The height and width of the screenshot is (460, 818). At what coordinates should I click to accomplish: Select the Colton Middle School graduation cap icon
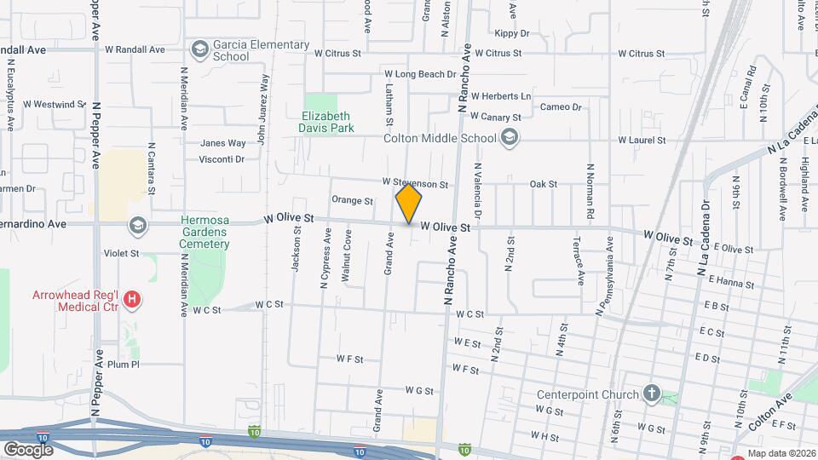tap(510, 138)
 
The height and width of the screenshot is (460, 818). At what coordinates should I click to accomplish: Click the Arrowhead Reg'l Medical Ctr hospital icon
tap(132, 299)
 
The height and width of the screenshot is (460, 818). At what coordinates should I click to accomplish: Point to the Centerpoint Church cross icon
tap(652, 394)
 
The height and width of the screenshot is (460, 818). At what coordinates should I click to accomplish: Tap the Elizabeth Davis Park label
tap(326, 123)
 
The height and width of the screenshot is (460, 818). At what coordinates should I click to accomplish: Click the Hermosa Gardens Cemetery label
tap(204, 232)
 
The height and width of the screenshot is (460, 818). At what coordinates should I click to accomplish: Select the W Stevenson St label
tap(415, 183)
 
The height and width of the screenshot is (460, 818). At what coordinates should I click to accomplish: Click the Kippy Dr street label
tap(512, 33)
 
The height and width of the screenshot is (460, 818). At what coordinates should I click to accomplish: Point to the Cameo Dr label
tap(561, 107)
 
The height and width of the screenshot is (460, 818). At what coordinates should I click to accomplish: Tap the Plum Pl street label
tap(124, 365)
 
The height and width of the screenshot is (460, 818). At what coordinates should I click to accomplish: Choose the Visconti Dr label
tap(222, 159)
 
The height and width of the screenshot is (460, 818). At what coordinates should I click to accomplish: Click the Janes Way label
tap(223, 143)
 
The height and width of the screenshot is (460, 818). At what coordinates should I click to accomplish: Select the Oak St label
tap(543, 184)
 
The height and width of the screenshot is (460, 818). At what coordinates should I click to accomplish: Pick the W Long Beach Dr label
tap(419, 75)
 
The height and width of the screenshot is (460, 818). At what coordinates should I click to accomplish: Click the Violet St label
tap(121, 253)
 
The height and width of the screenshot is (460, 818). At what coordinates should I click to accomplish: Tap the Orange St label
tap(353, 201)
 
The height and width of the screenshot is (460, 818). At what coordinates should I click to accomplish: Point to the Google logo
tap(28, 449)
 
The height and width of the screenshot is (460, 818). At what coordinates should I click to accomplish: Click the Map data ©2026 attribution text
tap(781, 453)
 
